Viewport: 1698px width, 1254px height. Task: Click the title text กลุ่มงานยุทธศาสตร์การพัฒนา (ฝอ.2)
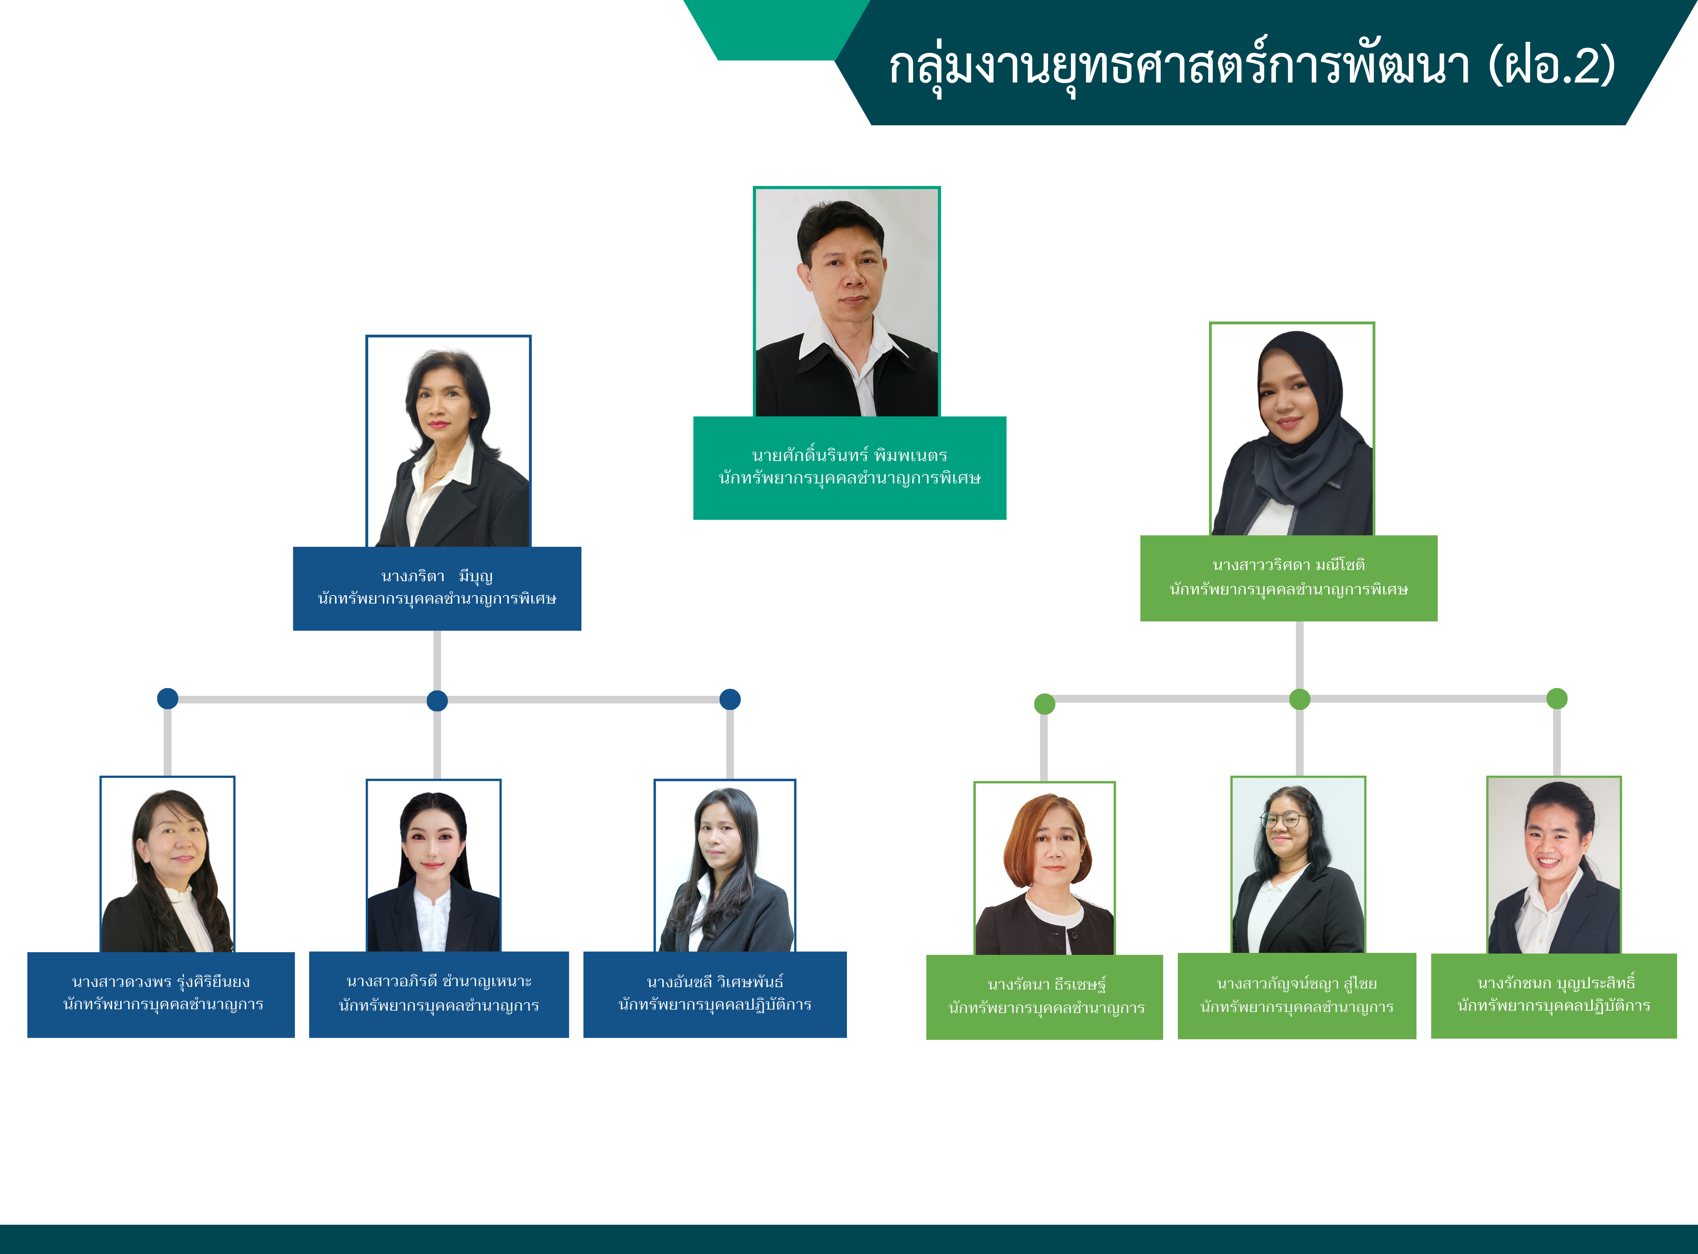1251,66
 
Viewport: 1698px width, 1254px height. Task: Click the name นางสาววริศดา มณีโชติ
1289,565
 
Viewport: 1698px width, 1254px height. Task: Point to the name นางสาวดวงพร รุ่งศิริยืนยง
161,982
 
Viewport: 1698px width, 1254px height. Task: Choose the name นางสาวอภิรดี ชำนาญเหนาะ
439,981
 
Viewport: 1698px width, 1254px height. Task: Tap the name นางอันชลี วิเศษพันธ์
715,982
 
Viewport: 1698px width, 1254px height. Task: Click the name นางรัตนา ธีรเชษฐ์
1046,984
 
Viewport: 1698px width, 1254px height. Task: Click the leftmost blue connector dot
168,698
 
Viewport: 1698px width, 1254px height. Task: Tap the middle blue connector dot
437,701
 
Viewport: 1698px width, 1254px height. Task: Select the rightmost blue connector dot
730,699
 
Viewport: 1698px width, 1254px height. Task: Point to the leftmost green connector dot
1045,704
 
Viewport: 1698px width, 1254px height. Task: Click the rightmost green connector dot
1557,698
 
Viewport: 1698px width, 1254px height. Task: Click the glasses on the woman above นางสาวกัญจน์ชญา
1283,820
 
